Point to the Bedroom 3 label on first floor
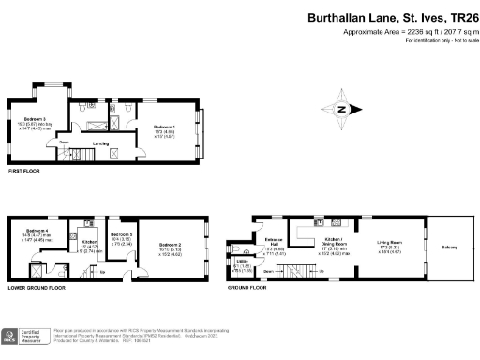tap(36, 118)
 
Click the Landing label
tap(100, 143)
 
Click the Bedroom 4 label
tap(37, 230)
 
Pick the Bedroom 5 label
tap(122, 233)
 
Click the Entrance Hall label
tap(275, 241)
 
